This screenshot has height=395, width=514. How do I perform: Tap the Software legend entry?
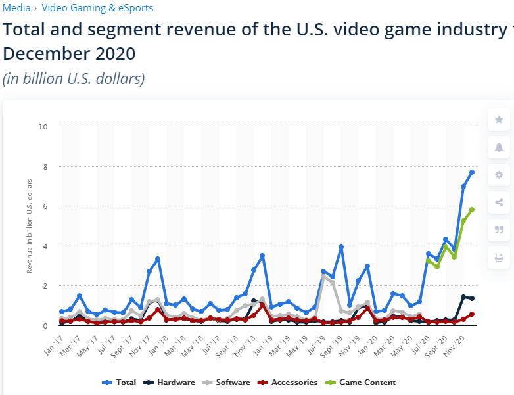[231, 382]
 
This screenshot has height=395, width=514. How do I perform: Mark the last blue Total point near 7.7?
[472, 172]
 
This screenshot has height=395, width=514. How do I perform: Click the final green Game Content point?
[472, 210]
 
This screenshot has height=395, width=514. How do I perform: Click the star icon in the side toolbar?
[499, 120]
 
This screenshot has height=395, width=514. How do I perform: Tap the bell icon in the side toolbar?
[499, 147]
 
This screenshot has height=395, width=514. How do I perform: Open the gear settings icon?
[499, 175]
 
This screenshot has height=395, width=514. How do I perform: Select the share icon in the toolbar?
[499, 202]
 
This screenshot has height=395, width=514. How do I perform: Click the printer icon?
[499, 257]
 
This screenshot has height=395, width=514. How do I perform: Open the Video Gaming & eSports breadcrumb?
[97, 8]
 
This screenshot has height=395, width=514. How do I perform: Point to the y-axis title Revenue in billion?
[29, 225]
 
